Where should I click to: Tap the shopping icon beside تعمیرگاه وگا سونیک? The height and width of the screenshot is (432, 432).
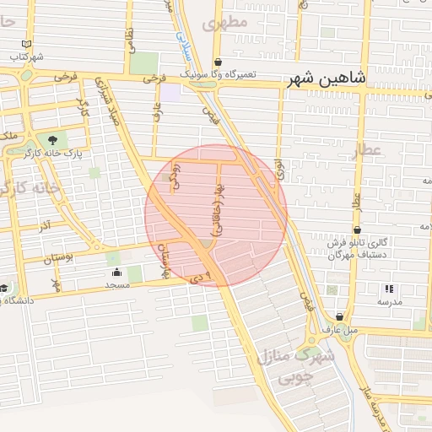coord(218,62)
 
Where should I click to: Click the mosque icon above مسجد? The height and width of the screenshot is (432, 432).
coord(116,273)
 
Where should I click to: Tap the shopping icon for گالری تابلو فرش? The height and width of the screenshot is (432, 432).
coord(358,229)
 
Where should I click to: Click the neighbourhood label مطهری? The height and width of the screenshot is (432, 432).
coord(232,23)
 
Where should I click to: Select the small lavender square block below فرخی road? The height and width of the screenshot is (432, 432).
coord(170,92)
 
